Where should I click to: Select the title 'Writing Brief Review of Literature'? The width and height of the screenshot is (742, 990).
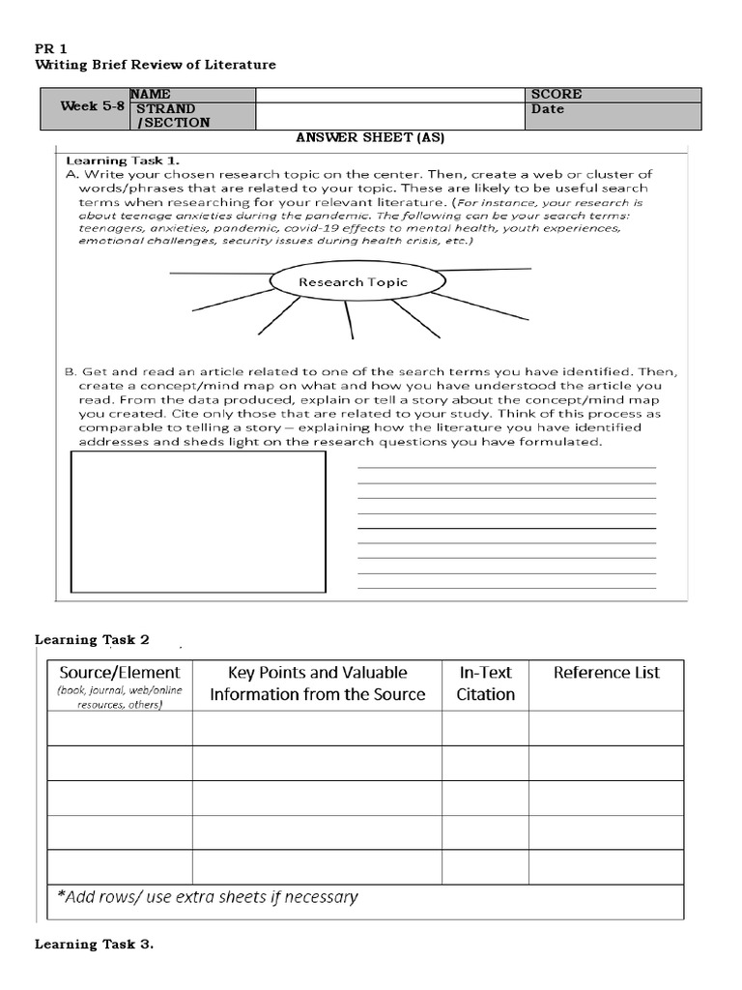(156, 65)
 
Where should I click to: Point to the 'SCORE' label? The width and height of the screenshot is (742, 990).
(556, 94)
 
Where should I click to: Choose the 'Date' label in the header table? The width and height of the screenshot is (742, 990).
(548, 109)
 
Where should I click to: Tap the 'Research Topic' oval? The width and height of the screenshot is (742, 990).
(353, 282)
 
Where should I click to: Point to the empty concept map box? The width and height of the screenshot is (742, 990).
(199, 521)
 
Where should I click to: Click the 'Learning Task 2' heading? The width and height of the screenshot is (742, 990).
(93, 639)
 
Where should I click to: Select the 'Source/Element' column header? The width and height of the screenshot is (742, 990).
(120, 673)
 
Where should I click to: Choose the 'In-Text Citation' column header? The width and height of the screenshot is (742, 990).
(485, 684)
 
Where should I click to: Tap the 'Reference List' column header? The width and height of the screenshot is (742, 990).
(606, 673)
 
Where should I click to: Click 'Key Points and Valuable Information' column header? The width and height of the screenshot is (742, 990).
(317, 684)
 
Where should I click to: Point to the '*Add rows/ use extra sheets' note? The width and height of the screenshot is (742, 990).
(207, 896)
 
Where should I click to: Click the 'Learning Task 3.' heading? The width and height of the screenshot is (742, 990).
(95, 945)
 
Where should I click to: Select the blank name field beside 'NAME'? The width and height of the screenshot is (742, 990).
(391, 94)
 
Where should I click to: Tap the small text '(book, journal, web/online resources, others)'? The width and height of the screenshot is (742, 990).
(120, 698)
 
